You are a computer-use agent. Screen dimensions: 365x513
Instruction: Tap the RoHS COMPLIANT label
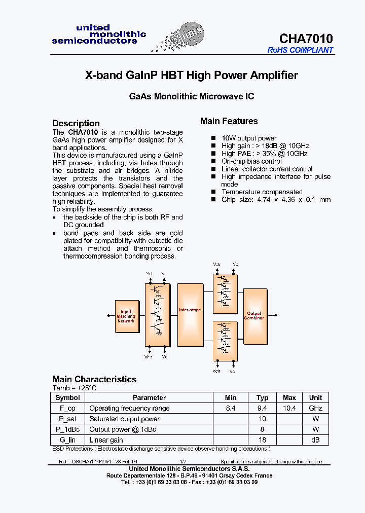point(300,50)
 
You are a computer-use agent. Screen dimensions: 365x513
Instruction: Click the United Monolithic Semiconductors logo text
point(99,34)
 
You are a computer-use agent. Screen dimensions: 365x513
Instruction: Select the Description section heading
point(76,123)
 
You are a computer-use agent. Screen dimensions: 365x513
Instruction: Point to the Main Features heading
point(229,121)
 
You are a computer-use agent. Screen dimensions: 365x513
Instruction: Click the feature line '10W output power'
point(249,138)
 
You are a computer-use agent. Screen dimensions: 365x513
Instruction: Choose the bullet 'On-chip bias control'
point(251,161)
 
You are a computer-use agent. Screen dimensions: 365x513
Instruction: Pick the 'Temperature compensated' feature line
point(262,192)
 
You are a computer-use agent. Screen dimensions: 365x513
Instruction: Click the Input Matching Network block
point(126,317)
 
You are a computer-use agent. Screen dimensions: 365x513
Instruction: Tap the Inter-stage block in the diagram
point(190,310)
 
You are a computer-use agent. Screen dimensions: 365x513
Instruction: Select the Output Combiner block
point(254,316)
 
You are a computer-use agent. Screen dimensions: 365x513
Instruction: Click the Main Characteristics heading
point(94,379)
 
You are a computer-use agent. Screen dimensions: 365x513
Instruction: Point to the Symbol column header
point(67,398)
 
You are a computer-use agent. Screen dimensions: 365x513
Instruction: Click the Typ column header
point(262,398)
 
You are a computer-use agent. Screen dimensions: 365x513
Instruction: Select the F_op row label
point(67,409)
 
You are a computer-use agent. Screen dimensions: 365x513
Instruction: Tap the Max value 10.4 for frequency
point(289,409)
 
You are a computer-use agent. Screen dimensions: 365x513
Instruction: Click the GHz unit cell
point(316,409)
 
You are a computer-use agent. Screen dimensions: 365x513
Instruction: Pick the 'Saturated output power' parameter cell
point(124,419)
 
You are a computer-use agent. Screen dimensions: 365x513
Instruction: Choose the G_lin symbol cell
point(67,441)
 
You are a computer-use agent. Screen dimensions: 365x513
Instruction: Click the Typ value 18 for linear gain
point(262,441)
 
